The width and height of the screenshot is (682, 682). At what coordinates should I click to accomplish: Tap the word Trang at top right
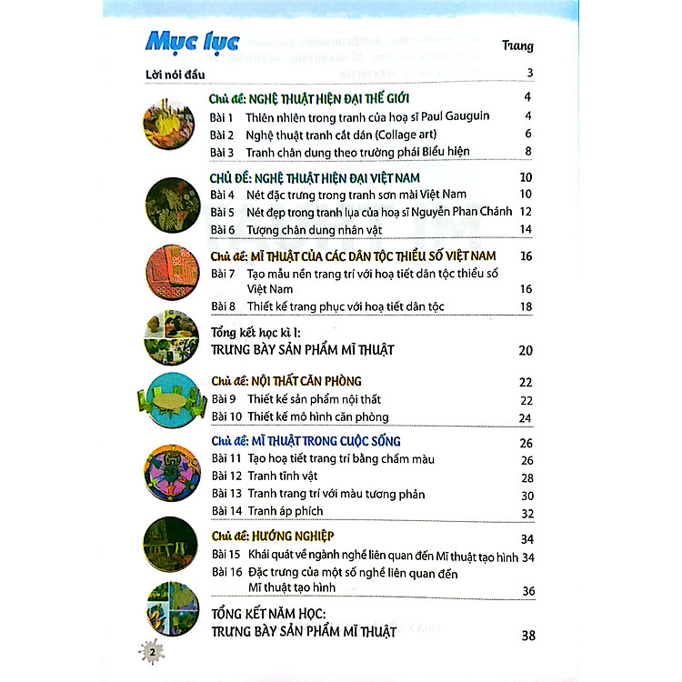point(517,45)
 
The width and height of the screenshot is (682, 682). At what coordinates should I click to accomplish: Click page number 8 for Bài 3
point(527,151)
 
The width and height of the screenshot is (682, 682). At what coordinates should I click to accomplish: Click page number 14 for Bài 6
point(526,229)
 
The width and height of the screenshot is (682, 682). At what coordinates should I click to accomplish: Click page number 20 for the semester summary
point(525,350)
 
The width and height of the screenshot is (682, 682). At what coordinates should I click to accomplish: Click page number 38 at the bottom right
point(526,635)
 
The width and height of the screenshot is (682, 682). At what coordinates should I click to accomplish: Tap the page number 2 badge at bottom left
point(154,652)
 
